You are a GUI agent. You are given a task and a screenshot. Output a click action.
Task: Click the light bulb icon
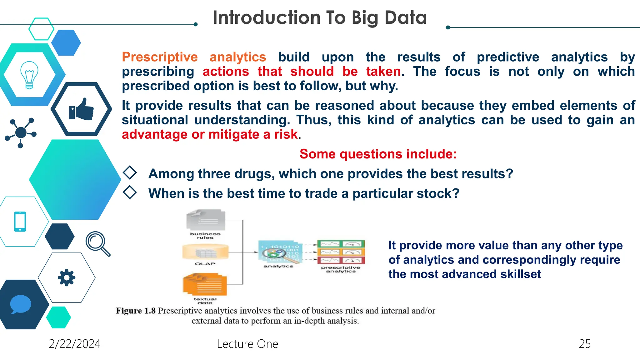(x=29, y=75)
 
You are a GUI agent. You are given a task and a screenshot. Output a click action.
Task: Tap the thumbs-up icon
(x=81, y=109)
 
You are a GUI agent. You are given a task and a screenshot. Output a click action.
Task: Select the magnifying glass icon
(x=97, y=243)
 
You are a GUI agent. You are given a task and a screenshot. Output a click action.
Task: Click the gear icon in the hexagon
(x=67, y=277)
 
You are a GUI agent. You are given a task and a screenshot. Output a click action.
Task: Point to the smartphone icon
(x=20, y=222)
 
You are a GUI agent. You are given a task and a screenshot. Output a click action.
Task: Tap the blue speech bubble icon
(x=21, y=304)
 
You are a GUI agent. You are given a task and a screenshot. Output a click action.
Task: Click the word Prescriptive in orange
(x=160, y=57)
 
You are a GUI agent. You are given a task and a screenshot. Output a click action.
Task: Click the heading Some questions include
(x=378, y=154)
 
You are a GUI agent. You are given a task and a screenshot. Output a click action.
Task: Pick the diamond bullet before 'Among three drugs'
(x=130, y=173)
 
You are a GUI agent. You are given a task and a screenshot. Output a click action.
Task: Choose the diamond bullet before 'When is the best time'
(x=130, y=192)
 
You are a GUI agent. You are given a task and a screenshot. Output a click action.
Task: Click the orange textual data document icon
(x=205, y=284)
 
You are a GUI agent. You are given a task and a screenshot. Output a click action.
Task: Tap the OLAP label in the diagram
(x=205, y=264)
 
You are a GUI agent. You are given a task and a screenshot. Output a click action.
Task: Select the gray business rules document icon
(x=206, y=220)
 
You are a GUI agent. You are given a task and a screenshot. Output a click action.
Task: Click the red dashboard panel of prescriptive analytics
(x=341, y=260)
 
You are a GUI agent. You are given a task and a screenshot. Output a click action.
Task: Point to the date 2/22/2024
(x=74, y=344)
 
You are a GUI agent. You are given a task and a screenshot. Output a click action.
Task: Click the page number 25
(x=584, y=344)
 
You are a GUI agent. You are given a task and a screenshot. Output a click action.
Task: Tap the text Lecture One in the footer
(x=247, y=344)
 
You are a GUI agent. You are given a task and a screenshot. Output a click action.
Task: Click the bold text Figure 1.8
(x=136, y=311)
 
